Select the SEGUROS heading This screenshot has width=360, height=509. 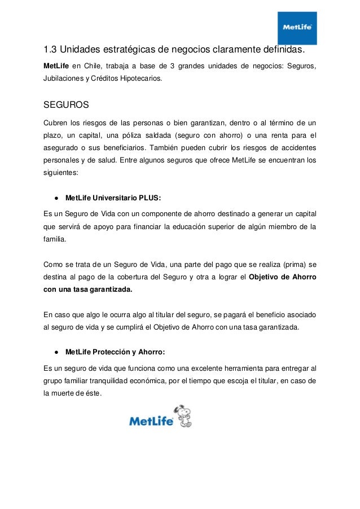(x=66, y=105)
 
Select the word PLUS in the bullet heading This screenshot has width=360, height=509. (x=150, y=198)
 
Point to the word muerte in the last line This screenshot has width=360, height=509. (x=65, y=393)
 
